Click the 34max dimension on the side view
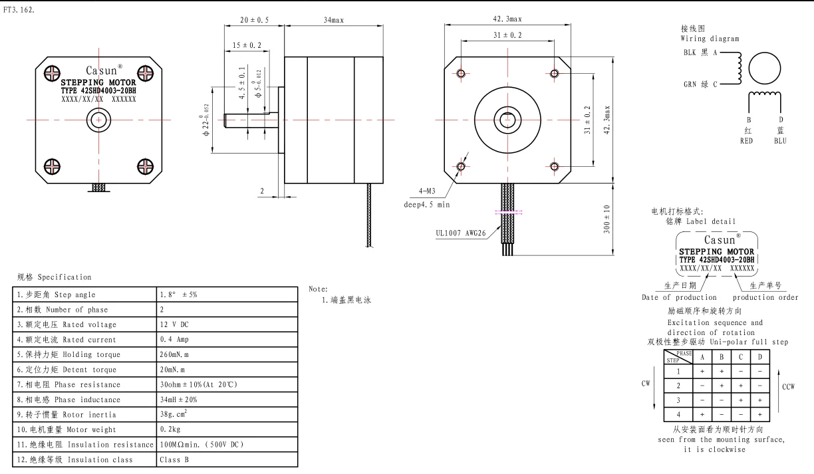click(x=334, y=20)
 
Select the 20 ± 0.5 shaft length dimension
click(x=254, y=20)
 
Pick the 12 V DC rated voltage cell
click(x=174, y=324)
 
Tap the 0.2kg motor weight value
click(x=170, y=429)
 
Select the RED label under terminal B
click(x=747, y=140)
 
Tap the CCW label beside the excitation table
click(x=789, y=386)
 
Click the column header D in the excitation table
click(x=759, y=356)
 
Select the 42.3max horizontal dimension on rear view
click(x=508, y=19)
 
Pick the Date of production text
click(x=679, y=297)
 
